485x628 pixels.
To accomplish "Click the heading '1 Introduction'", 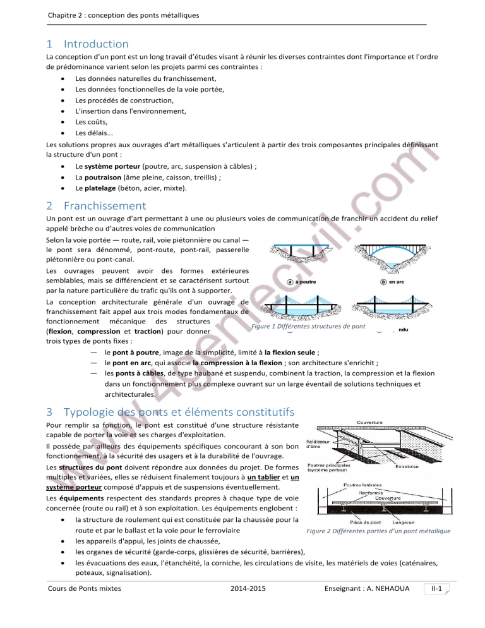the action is click(x=87, y=44).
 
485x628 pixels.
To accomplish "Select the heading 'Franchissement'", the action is click(x=105, y=206).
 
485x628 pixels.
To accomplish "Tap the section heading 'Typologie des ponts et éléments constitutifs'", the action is click(x=179, y=412).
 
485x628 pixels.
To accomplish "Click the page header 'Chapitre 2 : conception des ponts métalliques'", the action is click(x=123, y=15).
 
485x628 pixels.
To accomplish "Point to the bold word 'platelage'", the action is click(x=100, y=188).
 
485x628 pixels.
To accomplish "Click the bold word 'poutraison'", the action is click(x=102, y=178).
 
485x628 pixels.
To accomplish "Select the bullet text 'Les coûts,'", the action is click(x=92, y=122).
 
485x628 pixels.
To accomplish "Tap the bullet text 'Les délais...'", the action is click(x=94, y=133).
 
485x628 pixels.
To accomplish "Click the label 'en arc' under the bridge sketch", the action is click(x=396, y=282).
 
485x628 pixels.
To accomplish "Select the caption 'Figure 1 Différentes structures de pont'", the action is click(x=308, y=327).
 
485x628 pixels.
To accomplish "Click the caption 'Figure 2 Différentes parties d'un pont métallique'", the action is click(x=378, y=531).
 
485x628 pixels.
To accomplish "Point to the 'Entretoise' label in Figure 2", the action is click(x=407, y=467).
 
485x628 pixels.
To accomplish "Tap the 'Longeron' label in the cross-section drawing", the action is click(x=404, y=522).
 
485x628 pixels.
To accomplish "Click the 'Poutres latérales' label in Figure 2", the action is click(x=362, y=485).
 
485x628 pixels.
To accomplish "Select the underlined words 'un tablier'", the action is click(x=263, y=478).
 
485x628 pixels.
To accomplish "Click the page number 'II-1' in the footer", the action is click(x=436, y=589).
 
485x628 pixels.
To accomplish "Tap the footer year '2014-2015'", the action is click(x=248, y=589).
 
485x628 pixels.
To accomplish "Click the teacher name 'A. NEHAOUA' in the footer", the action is click(x=388, y=589).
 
